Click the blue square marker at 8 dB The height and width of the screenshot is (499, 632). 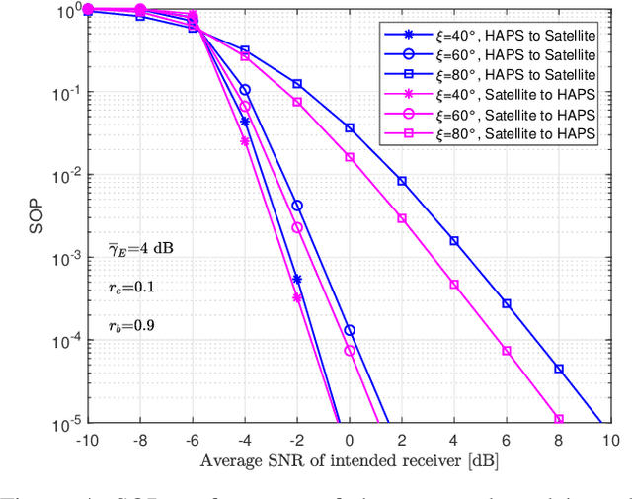[x=559, y=369]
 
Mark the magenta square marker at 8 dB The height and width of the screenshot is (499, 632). [x=559, y=419]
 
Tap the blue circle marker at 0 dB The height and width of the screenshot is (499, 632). [x=350, y=330]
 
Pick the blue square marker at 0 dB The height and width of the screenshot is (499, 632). [x=350, y=127]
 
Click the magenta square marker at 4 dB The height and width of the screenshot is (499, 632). [x=454, y=284]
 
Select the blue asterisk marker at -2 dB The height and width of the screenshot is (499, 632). [x=297, y=280]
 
